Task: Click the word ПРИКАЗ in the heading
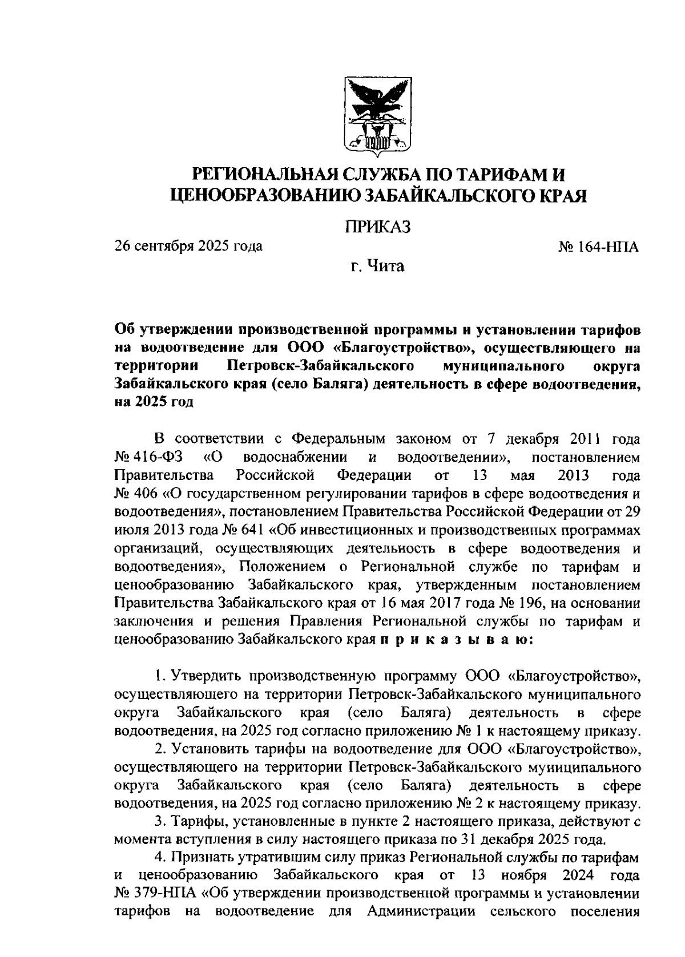(x=377, y=227)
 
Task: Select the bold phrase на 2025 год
(x=154, y=402)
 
